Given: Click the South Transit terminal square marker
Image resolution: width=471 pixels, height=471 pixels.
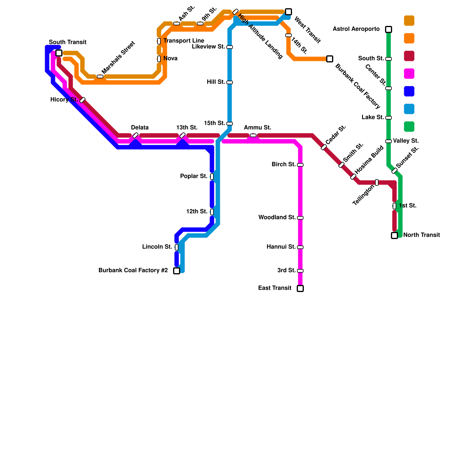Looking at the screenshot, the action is click(x=59, y=53).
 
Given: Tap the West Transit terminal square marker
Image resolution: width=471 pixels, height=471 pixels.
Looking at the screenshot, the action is click(x=288, y=12).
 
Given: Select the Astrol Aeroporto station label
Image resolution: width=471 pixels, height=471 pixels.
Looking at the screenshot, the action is click(x=356, y=29).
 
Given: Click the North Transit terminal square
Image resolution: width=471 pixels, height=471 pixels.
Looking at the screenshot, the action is click(x=394, y=235).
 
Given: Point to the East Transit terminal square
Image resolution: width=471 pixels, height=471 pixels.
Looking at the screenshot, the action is click(x=300, y=288).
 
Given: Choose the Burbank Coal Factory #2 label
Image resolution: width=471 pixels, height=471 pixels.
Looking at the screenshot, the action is click(x=133, y=271).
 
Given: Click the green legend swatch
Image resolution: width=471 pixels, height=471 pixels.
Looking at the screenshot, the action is click(x=409, y=127).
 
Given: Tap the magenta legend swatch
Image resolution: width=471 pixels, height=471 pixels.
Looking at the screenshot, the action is click(x=409, y=74).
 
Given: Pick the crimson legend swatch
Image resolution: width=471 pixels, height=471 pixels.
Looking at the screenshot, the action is click(x=409, y=56).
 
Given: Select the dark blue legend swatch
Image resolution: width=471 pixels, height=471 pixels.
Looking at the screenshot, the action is click(x=409, y=91).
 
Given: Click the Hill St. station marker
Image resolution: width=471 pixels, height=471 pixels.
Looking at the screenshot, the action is click(x=230, y=82).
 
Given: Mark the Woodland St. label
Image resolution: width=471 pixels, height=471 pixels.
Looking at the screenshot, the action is click(x=277, y=218).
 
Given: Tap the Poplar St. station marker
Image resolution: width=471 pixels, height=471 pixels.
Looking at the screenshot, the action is click(x=212, y=177).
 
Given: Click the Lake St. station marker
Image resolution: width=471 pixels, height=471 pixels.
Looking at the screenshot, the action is click(x=389, y=118).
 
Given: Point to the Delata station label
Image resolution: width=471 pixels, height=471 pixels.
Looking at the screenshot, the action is click(x=140, y=128).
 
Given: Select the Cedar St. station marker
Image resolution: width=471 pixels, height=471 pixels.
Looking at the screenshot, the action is click(x=324, y=147).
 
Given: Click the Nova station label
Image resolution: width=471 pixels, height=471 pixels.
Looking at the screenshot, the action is click(x=170, y=59).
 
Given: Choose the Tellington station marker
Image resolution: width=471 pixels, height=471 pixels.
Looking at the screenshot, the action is click(x=377, y=183).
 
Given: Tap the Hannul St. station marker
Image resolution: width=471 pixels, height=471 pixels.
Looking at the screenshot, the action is click(x=300, y=247).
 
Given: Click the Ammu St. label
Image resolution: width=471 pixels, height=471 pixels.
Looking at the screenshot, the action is click(x=257, y=128).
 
